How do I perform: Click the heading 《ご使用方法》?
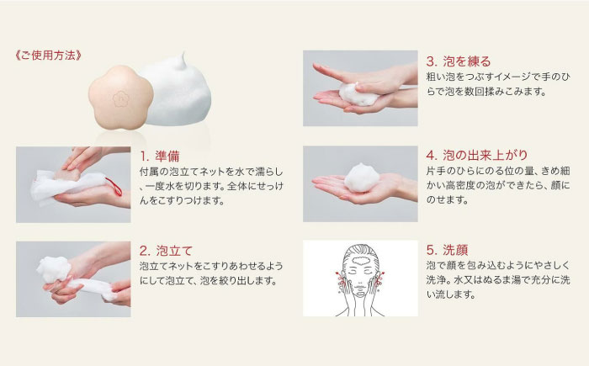(48, 57)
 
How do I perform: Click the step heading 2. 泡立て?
(166, 249)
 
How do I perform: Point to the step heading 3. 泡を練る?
(458, 61)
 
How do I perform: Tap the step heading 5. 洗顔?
(447, 249)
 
